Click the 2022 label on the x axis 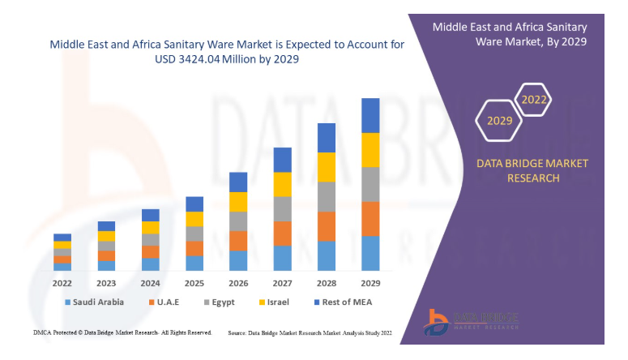click(62, 284)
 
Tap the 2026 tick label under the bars click(238, 284)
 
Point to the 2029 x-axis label click(370, 284)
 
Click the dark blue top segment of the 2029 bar click(370, 115)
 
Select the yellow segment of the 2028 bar click(327, 167)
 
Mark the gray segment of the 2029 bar click(370, 184)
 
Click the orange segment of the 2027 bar click(282, 234)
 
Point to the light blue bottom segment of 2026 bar click(238, 260)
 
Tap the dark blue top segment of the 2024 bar click(151, 215)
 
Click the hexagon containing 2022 click(534, 100)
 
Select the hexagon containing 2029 click(499, 121)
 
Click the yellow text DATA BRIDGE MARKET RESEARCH click(532, 170)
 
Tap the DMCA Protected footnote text click(122, 332)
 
